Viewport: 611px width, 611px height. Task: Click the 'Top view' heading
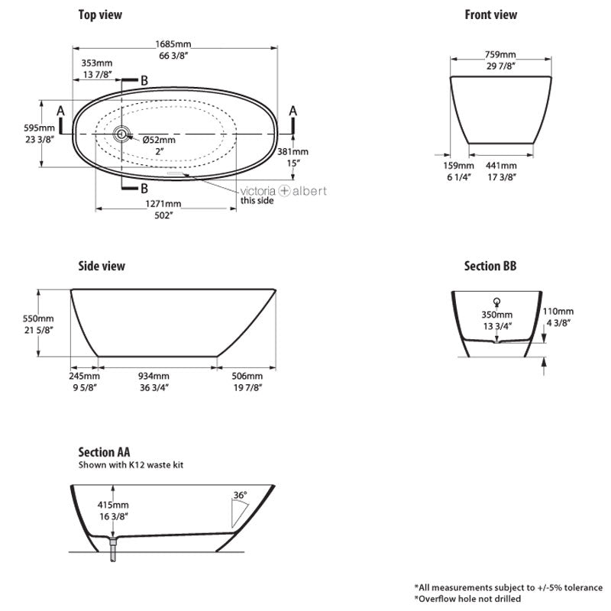pyautogui.click(x=100, y=15)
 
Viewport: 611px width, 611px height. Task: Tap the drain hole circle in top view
pyautogui.click(x=121, y=134)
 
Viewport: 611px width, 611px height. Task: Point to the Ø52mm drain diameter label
pyautogui.click(x=160, y=140)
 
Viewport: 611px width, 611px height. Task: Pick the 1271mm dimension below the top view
pyautogui.click(x=163, y=204)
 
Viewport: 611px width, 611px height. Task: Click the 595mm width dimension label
pyautogui.click(x=39, y=128)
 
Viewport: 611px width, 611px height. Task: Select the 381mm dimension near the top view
pyautogui.click(x=293, y=152)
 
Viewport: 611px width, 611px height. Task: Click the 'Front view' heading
pyautogui.click(x=490, y=15)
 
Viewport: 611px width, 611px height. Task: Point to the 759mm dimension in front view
pyautogui.click(x=501, y=55)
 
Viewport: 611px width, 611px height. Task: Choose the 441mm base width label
pyautogui.click(x=501, y=166)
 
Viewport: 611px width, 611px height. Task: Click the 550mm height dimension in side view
pyautogui.click(x=39, y=318)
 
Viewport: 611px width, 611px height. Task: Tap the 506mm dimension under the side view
pyautogui.click(x=247, y=377)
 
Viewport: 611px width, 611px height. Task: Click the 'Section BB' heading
pyautogui.click(x=490, y=266)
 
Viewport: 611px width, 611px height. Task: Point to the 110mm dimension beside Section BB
pyautogui.click(x=558, y=312)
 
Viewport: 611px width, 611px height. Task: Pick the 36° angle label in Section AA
pyautogui.click(x=240, y=496)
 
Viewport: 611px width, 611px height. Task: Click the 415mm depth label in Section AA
pyautogui.click(x=113, y=506)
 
